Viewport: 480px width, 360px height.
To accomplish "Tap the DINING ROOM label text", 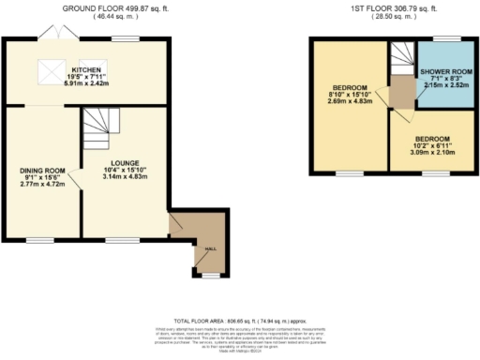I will pos(39,171).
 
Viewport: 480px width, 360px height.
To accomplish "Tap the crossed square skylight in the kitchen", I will pos(45,70).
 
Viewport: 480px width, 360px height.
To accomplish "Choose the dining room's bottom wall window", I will pos(39,241).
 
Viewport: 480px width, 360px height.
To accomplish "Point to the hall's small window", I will pos(209,276).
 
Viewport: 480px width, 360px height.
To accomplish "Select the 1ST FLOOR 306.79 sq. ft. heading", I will pos(394,7).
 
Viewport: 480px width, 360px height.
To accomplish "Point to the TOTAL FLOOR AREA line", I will pos(239,321).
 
